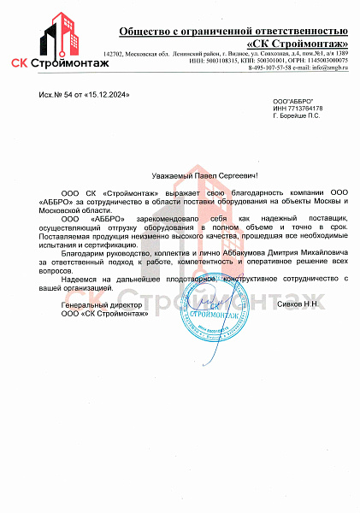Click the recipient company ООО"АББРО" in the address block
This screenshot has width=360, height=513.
tap(290, 101)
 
